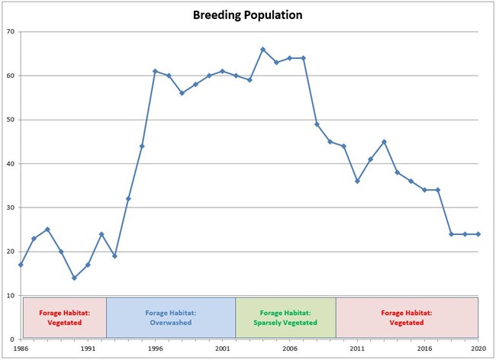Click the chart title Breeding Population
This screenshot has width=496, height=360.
coord(247,14)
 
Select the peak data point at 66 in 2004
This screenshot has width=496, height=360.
coord(262,50)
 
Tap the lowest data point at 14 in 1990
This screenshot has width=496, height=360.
coord(74,278)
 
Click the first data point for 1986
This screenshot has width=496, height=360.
coord(21,265)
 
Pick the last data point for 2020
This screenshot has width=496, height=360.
coord(478,234)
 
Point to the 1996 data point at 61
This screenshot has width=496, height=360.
coord(155,71)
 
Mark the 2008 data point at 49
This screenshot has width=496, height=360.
coord(317,124)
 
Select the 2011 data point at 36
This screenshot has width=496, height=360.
coord(357,181)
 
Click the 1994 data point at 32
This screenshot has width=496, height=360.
coord(128,198)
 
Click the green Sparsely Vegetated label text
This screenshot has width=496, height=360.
coord(285,321)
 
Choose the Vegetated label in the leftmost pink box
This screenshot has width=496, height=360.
coord(64,321)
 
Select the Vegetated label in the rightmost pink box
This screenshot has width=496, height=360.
coord(407,321)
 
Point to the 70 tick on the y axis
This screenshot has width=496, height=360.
coord(10,31)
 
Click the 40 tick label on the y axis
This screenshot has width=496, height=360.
coord(10,164)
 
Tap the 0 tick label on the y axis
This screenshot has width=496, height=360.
coord(12,339)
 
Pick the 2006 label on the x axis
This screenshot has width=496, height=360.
coord(290,348)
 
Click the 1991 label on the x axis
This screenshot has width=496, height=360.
coord(88,348)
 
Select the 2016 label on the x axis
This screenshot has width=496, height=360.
coord(424,348)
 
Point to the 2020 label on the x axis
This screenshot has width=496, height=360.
coord(478,348)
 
